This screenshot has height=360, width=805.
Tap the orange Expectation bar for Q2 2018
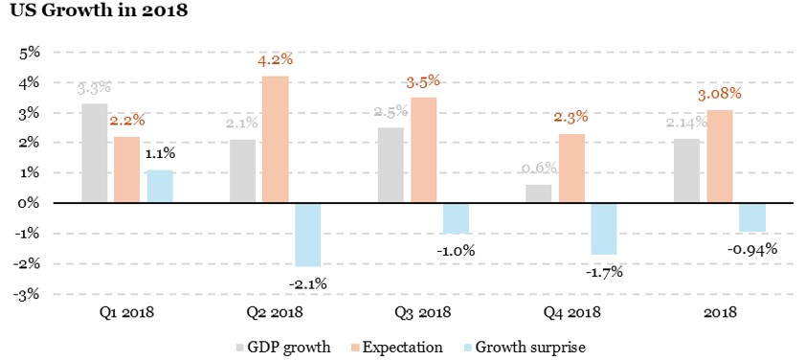(275, 140)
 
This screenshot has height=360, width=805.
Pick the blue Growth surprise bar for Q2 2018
(307, 235)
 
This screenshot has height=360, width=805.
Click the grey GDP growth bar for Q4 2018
(539, 193)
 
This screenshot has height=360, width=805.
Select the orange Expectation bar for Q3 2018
(423, 150)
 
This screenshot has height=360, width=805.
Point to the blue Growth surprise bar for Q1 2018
(160, 187)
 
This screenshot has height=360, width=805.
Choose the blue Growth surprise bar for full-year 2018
(752, 217)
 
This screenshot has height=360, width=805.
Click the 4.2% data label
(275, 61)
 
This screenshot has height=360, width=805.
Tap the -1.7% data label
(605, 272)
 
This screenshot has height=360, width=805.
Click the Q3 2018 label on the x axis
(423, 312)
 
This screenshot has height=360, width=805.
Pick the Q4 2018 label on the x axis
(571, 312)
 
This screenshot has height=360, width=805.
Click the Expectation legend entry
(395, 347)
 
